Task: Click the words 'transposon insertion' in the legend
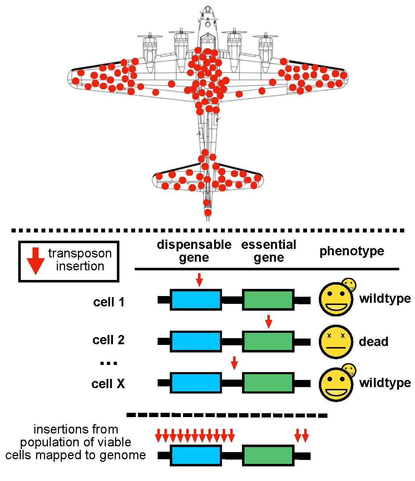click(80, 260)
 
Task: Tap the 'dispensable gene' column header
click(194, 251)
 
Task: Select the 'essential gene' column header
click(269, 251)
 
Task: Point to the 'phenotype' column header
click(352, 251)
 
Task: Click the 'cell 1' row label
click(109, 302)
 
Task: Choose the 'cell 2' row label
click(108, 340)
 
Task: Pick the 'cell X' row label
click(108, 384)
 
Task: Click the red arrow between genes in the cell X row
click(234, 362)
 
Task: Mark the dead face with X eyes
click(334, 341)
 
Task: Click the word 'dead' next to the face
click(373, 342)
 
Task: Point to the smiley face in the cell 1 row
click(335, 299)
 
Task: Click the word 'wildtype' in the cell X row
click(385, 383)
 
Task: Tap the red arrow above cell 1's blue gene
click(199, 280)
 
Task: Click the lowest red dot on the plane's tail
click(208, 212)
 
